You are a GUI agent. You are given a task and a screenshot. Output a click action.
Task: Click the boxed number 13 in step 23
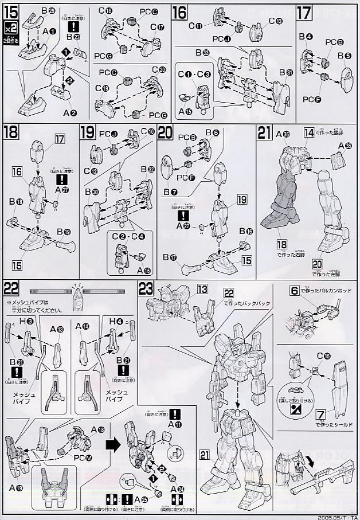(x=202, y=288)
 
